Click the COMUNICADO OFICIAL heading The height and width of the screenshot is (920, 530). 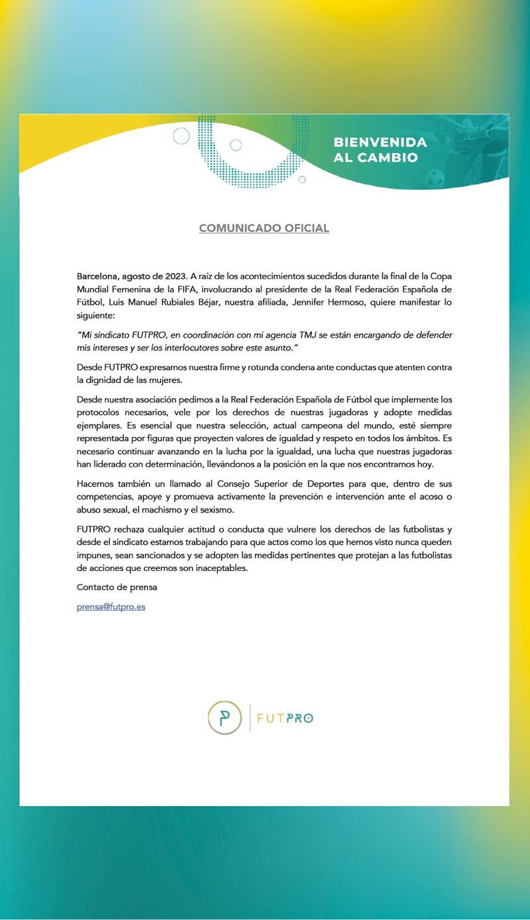[x=264, y=229]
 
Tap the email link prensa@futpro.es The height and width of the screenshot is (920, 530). [x=111, y=607]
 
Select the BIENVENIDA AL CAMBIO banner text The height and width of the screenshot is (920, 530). [x=380, y=150]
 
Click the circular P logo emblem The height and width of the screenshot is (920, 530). [x=225, y=717]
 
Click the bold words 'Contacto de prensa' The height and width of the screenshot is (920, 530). [x=117, y=588]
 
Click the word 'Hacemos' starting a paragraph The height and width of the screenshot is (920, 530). [x=97, y=484]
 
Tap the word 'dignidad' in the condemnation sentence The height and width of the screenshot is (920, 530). [x=106, y=380]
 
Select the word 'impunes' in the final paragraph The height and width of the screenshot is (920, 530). [x=94, y=555]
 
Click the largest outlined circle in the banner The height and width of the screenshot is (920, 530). [x=182, y=136]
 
